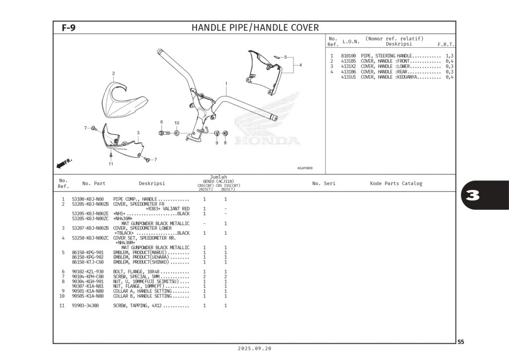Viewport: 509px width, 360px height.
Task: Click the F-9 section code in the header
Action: click(x=69, y=28)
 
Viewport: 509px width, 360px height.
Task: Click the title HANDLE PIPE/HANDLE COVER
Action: click(x=255, y=28)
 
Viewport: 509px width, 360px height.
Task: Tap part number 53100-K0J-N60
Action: click(x=88, y=199)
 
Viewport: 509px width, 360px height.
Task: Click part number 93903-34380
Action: click(x=85, y=305)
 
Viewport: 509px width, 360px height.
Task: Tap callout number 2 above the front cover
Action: click(x=113, y=74)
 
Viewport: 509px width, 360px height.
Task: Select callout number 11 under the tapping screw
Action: click(x=111, y=164)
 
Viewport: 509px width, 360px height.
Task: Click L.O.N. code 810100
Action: click(x=348, y=56)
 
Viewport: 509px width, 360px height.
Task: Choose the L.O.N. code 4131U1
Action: click(x=348, y=77)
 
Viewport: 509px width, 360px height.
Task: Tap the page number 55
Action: click(x=461, y=342)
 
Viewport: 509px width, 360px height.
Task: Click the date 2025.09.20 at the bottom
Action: click(x=255, y=349)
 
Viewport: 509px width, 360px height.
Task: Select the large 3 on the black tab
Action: click(x=473, y=195)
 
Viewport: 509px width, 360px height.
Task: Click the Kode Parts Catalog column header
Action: click(x=396, y=183)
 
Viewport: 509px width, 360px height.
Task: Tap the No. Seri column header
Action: click(x=324, y=183)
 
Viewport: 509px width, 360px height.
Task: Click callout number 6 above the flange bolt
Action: click(x=161, y=122)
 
